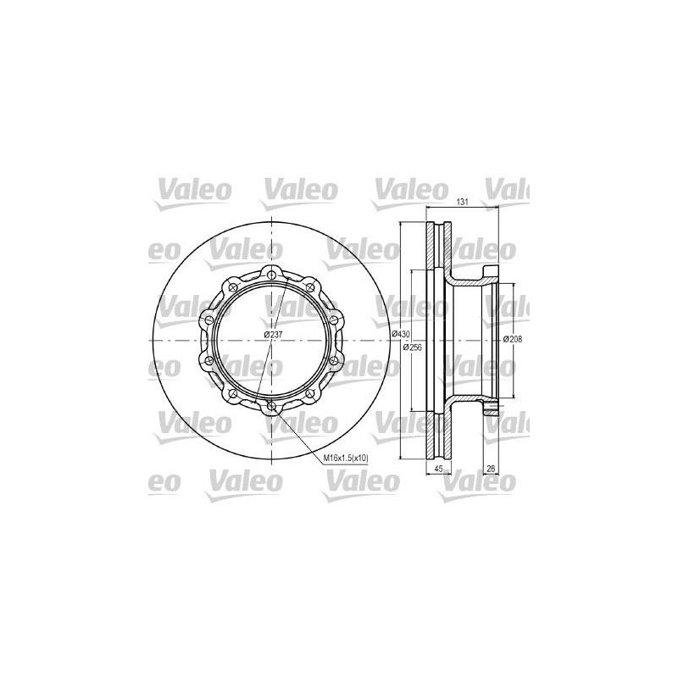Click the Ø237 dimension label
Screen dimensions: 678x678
tap(273, 334)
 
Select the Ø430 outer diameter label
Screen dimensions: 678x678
tap(400, 334)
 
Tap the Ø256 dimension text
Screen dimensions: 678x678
tap(412, 347)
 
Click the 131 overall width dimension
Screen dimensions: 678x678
tap(463, 202)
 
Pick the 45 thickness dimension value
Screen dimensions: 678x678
tap(438, 469)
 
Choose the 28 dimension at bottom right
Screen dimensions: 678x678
tap(491, 469)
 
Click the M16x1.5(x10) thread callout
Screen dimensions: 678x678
tap(347, 458)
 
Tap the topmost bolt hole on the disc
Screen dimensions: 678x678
tap(271, 274)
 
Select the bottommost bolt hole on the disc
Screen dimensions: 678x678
tap(271, 406)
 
